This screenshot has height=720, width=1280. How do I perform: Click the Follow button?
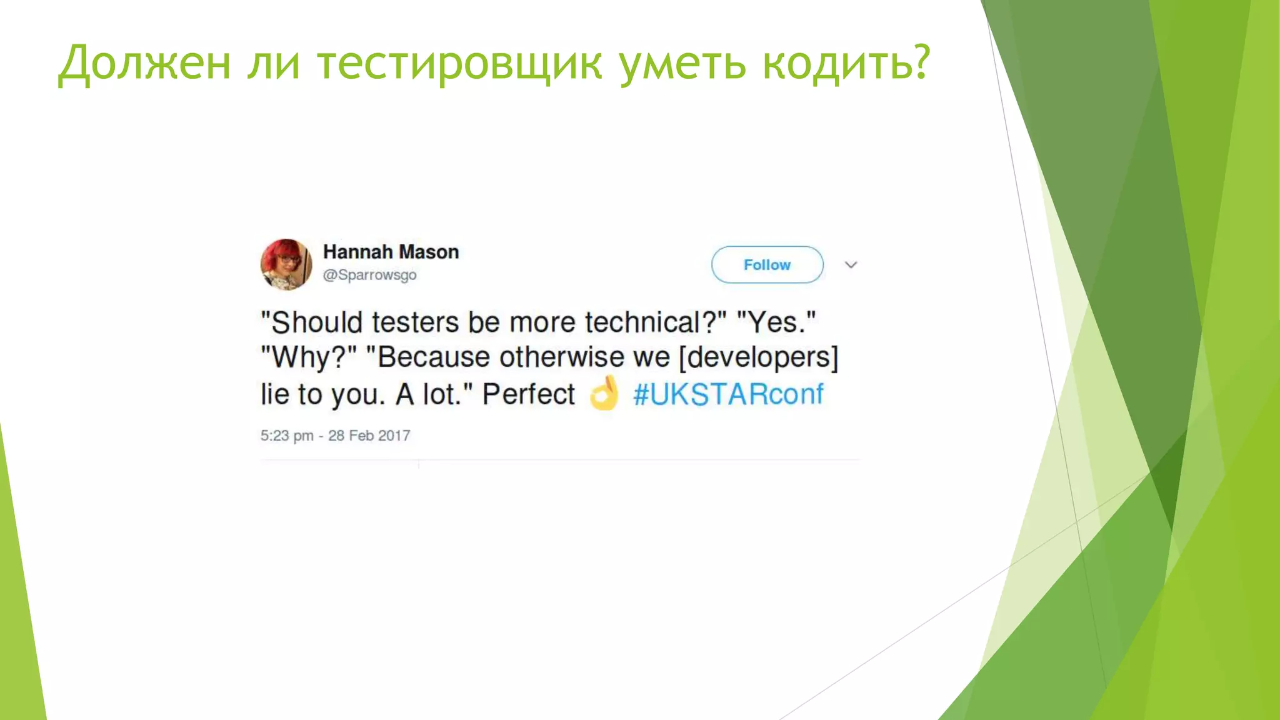pyautogui.click(x=767, y=264)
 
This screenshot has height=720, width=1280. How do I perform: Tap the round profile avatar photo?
pyautogui.click(x=286, y=264)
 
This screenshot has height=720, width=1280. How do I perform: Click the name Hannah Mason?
pyautogui.click(x=391, y=252)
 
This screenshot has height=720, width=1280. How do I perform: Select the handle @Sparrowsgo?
pyautogui.click(x=369, y=275)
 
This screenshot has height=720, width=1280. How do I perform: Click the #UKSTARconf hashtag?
pyautogui.click(x=728, y=394)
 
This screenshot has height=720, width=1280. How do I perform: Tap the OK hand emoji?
pyautogui.click(x=604, y=394)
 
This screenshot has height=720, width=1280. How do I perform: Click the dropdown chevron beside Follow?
pyautogui.click(x=851, y=265)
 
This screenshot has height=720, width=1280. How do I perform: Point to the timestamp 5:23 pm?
pyautogui.click(x=287, y=436)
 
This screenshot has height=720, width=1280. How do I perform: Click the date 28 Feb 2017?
pyautogui.click(x=369, y=436)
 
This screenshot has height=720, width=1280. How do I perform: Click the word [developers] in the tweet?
pyautogui.click(x=758, y=357)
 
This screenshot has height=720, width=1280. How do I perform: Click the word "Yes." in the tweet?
pyautogui.click(x=776, y=322)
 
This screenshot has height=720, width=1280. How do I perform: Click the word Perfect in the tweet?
pyautogui.click(x=528, y=394)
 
